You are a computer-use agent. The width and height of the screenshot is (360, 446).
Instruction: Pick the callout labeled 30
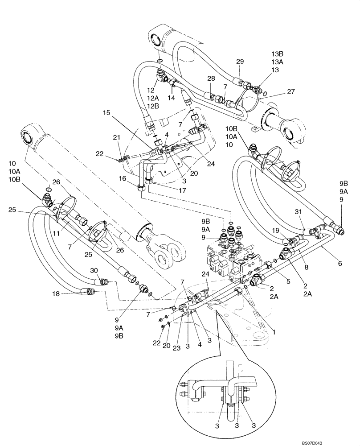(x=94, y=270)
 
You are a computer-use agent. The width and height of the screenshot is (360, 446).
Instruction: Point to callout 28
(x=211, y=78)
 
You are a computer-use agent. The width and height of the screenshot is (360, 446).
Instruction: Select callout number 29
(x=240, y=62)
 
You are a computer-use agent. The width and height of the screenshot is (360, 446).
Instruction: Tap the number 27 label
(x=291, y=92)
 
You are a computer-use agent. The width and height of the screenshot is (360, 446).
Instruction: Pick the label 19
(x=276, y=230)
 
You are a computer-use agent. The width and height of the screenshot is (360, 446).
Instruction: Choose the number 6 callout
(x=340, y=264)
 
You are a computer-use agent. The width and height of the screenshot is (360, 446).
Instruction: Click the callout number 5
(x=288, y=281)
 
